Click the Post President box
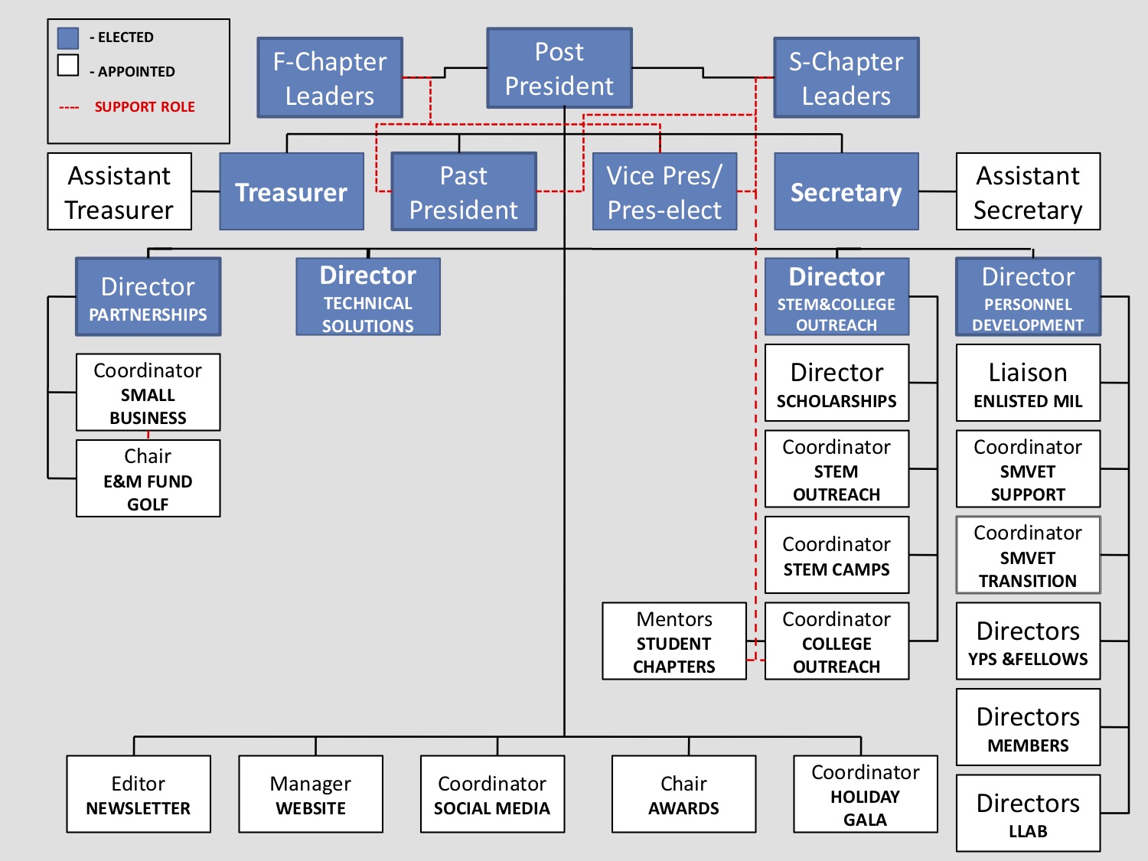pyautogui.click(x=559, y=69)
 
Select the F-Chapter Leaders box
pyautogui.click(x=330, y=78)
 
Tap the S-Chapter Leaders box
pyautogui.click(x=846, y=78)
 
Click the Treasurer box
pyautogui.click(x=292, y=192)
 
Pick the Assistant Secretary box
pyautogui.click(x=1028, y=192)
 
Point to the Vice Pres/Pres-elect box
pyautogui.click(x=664, y=192)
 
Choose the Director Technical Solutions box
pyautogui.click(x=368, y=297)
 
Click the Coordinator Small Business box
pyautogui.click(x=148, y=393)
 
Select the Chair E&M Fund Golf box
pyautogui.click(x=148, y=478)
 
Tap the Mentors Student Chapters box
pyautogui.click(x=673, y=641)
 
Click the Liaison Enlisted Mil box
pyautogui.click(x=1028, y=383)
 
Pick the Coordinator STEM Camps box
pyautogui.click(x=837, y=556)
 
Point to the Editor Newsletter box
pyautogui.click(x=139, y=794)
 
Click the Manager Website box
pyautogui.click(x=311, y=794)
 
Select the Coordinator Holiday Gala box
pyautogui.click(x=865, y=794)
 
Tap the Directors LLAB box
pyautogui.click(x=1028, y=814)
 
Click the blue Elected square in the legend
pyautogui.click(x=68, y=38)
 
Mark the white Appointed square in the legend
pyautogui.click(x=68, y=65)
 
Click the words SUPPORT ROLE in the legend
pyautogui.click(x=145, y=107)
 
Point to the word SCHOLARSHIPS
pyautogui.click(x=837, y=401)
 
